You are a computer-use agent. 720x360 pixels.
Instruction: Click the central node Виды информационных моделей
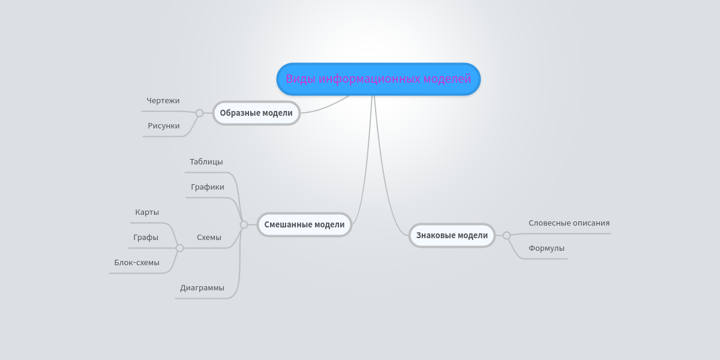coord(379,79)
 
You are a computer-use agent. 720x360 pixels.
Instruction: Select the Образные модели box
coord(256,113)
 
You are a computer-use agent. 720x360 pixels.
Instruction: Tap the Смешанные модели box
coord(304,224)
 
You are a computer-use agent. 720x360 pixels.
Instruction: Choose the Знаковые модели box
coord(452,235)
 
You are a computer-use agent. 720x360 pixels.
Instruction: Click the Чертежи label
coord(163,101)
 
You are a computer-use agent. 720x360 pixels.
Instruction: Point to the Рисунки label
coord(164,126)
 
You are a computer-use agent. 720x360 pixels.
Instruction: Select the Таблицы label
coord(206,162)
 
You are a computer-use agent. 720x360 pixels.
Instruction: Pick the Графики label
coord(208,187)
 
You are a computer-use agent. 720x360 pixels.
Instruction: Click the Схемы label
coord(209,238)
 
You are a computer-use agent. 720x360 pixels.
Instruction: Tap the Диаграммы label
coord(202,288)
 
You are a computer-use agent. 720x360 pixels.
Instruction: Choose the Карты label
coord(147,212)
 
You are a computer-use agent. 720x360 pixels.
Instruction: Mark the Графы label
coord(146,238)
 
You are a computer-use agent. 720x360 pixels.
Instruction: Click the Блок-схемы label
coord(137,263)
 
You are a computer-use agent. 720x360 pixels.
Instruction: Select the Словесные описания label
coord(569,223)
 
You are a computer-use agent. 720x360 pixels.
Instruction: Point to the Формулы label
coord(547,248)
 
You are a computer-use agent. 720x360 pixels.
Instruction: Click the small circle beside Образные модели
coord(199,113)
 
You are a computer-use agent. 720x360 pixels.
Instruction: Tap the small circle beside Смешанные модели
coord(244,224)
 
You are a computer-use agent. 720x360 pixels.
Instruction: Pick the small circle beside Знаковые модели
coord(506,235)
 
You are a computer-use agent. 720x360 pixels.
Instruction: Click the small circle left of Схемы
coord(179,248)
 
